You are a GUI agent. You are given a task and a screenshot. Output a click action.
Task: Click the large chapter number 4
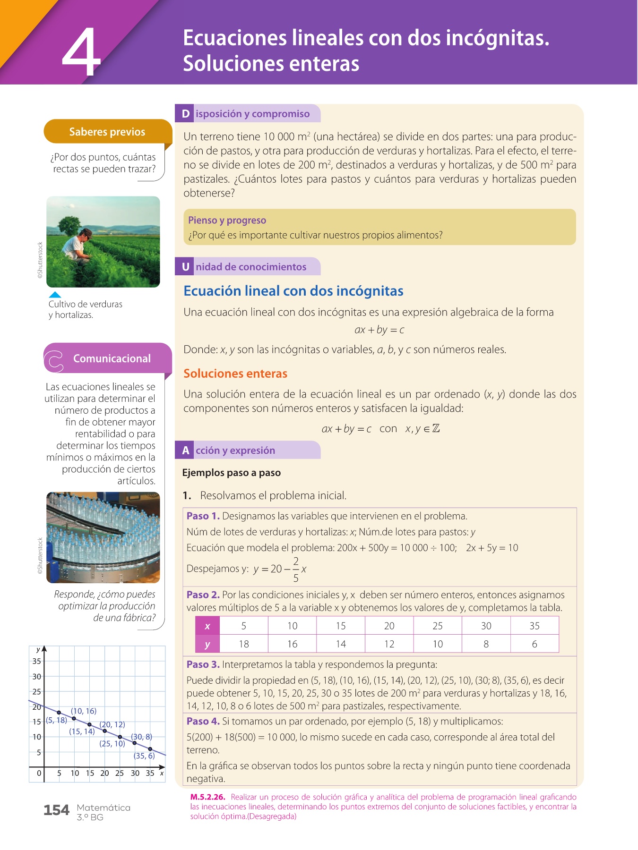pos(81,51)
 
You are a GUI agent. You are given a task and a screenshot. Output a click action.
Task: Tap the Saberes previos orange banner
pos(107,132)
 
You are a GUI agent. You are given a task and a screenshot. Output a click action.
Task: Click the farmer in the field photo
pos(78,245)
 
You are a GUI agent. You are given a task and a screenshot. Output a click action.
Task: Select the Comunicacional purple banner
pos(112,358)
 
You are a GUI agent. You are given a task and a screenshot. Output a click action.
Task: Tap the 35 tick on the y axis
pos(36,661)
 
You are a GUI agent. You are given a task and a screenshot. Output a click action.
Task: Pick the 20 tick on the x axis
pos(104,773)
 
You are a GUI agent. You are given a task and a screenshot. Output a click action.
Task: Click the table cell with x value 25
pos(438,626)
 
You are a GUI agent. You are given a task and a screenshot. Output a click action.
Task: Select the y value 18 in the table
pos(244,644)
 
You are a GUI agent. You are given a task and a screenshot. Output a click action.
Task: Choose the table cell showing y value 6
pos(535,644)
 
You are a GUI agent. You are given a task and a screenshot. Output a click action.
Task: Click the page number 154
pos(56,810)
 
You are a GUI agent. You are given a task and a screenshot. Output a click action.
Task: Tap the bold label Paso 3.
pos(203,664)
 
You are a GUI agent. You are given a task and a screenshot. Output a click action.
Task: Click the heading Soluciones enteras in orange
pos(235,374)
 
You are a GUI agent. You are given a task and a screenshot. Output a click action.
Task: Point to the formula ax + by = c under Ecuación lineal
pos(379,330)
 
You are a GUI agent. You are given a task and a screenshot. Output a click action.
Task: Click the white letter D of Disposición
pos(186,114)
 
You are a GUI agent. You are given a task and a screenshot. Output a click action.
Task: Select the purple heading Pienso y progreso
pos(227,220)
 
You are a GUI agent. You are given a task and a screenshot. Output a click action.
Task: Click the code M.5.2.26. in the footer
pos(207,797)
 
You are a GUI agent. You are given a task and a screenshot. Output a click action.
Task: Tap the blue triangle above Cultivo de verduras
pos(55,295)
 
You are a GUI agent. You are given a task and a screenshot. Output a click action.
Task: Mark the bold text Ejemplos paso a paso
pos(232,473)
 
